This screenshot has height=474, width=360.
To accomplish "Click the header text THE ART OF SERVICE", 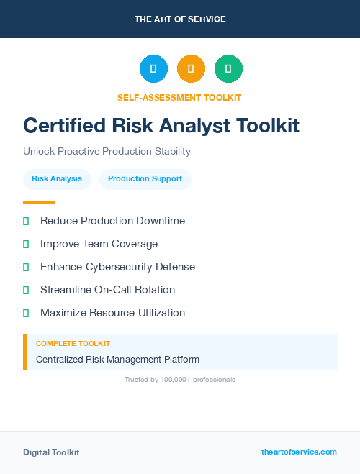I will click(180, 19).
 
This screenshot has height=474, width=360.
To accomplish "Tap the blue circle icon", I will click(153, 69).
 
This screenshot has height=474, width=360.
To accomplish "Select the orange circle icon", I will click(191, 69).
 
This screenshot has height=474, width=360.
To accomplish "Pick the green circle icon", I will click(228, 69).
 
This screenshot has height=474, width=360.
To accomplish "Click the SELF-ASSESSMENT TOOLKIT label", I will click(179, 97).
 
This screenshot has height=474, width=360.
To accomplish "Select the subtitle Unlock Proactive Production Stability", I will click(107, 152).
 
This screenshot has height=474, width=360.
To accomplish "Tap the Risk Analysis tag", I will click(57, 178).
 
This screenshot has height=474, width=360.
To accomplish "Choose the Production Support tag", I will click(145, 178).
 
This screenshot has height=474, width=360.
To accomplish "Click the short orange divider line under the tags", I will click(39, 202).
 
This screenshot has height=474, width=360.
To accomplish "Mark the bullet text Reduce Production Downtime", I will click(112, 221).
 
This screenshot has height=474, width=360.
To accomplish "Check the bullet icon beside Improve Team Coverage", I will click(26, 244).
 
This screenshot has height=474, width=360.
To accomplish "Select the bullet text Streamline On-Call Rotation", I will click(107, 290).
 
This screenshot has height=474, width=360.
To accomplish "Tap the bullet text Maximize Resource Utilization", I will click(112, 313).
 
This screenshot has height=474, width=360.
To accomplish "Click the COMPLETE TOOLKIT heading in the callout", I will click(73, 344).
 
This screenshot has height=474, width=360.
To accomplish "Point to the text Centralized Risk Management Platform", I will click(117, 359).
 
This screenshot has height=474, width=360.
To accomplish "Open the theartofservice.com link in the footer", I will click(299, 452).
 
